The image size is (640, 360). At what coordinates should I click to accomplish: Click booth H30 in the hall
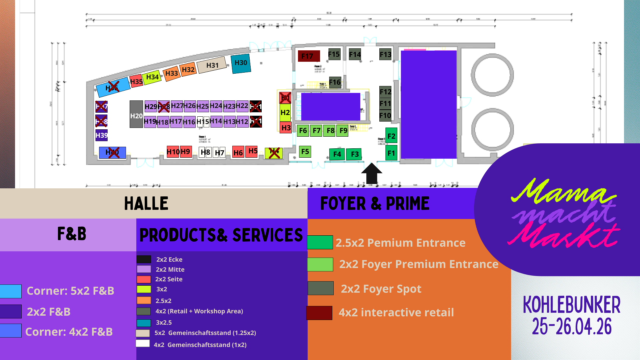(x=241, y=63)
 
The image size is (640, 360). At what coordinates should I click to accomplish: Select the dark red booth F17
(x=309, y=56)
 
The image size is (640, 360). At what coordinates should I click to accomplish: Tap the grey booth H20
(x=136, y=114)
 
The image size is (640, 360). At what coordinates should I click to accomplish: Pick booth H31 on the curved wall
(x=212, y=66)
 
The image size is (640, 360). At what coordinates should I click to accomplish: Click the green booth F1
(x=391, y=153)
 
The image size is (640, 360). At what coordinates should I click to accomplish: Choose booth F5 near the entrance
(x=305, y=152)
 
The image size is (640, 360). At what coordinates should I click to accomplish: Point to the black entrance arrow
(x=371, y=173)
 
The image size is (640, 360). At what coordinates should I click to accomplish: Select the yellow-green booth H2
(x=285, y=113)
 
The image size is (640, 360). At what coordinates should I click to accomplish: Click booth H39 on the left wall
(x=101, y=135)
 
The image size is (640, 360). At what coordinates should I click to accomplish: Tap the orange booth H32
(x=188, y=70)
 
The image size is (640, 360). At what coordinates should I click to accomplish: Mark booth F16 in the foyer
(x=335, y=82)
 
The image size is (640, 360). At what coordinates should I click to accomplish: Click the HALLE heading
(x=146, y=203)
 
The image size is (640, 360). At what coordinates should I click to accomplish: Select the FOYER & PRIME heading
(x=375, y=203)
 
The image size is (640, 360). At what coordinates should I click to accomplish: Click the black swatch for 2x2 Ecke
(x=144, y=259)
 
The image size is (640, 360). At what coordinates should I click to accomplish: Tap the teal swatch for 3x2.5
(x=144, y=323)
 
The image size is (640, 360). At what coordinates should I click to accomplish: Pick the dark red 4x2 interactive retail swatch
(x=319, y=313)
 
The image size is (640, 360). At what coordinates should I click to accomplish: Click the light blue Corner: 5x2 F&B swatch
(x=11, y=291)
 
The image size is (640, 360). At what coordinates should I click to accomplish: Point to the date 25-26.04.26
(x=572, y=326)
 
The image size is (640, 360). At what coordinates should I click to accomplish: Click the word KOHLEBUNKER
(x=572, y=305)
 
